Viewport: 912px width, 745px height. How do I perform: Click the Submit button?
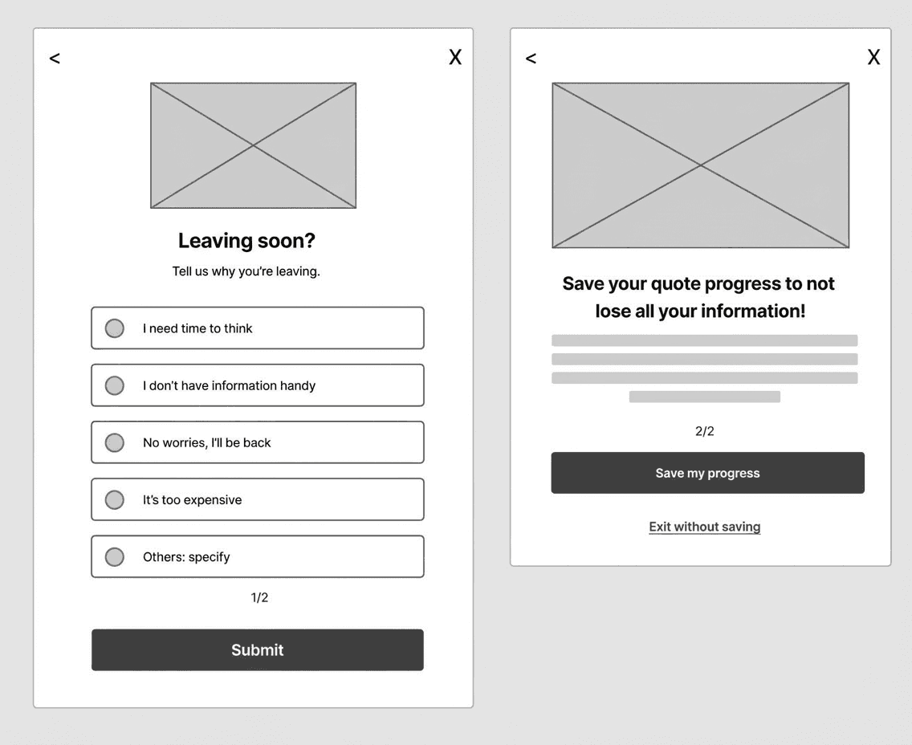coord(257,649)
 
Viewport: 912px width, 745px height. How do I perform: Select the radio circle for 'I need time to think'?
coord(115,328)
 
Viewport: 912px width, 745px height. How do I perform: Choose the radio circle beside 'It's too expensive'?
coord(115,499)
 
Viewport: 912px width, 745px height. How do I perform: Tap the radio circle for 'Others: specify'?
coord(115,556)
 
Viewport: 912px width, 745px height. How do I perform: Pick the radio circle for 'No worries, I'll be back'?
coord(115,442)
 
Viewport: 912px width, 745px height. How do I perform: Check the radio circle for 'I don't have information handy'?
coord(115,385)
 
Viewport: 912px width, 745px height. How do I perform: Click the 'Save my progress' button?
coord(708,473)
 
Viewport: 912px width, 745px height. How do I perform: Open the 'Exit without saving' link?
coord(704,527)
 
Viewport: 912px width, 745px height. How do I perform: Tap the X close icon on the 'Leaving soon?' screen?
coord(455,57)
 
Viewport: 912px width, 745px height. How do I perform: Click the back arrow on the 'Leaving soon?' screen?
coord(55,58)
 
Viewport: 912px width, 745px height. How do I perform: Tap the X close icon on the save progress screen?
coord(873,57)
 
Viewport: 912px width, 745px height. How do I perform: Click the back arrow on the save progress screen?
coord(531,58)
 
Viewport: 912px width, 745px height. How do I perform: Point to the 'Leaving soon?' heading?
coord(246,241)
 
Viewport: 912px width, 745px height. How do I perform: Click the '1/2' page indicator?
coord(259,597)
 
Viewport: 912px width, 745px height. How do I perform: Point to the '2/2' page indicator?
coord(704,431)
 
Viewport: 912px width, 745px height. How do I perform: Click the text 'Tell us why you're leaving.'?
coord(246,271)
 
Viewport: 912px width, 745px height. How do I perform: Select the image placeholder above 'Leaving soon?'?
coord(253,145)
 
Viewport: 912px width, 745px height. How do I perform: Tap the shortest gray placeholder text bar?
coord(704,397)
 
